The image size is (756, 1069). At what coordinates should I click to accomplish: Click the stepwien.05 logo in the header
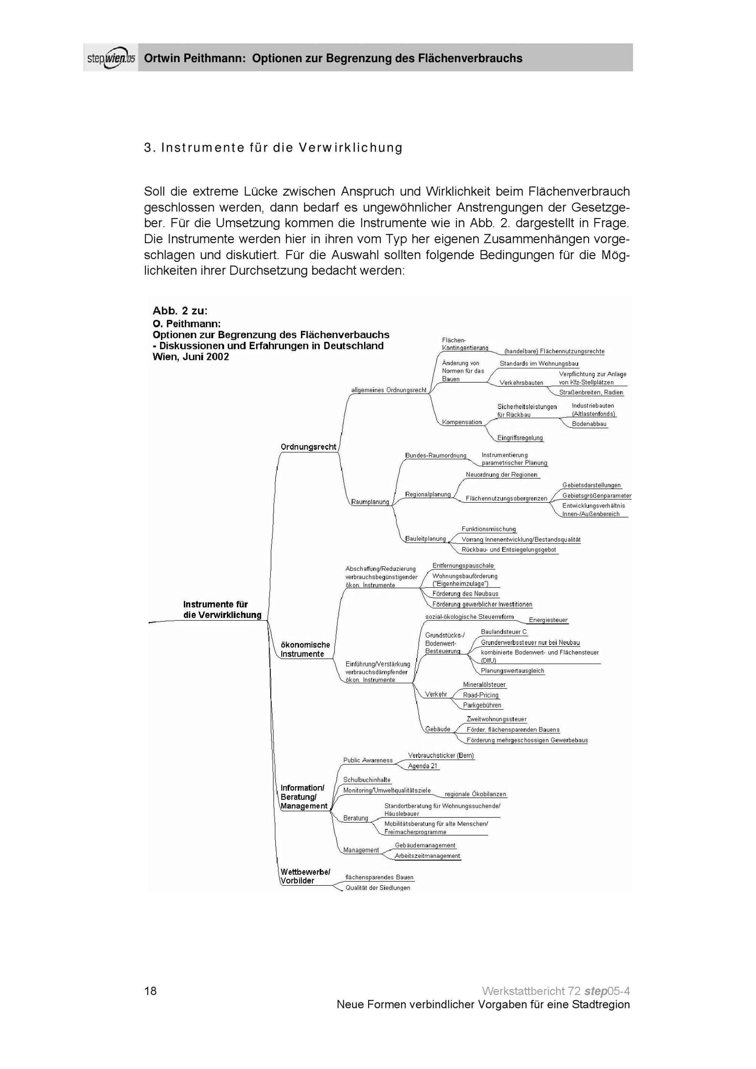[111, 58]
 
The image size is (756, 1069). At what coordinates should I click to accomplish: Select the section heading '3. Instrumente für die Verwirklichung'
[273, 148]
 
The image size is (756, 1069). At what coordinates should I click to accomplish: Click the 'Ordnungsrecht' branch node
[308, 447]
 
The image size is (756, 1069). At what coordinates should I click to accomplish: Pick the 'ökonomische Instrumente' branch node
[305, 649]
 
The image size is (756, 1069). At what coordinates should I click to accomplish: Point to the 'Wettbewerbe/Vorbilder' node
[305, 876]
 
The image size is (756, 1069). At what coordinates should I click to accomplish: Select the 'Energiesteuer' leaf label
[548, 620]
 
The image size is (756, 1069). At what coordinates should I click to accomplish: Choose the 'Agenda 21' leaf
[423, 766]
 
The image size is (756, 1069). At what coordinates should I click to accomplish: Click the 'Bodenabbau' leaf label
[589, 424]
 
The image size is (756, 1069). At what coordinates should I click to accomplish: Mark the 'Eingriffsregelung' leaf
[520, 438]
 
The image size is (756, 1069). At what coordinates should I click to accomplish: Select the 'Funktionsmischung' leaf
[489, 529]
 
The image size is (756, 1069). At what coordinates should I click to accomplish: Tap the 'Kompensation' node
[462, 422]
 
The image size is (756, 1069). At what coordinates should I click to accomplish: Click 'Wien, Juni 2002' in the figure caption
[191, 357]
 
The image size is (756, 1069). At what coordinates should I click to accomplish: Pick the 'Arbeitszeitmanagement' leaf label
[427, 856]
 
